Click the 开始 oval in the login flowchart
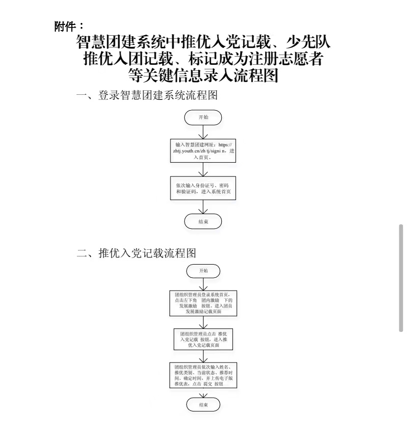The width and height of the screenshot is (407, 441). (203, 117)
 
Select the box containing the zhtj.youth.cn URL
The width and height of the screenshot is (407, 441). (203, 151)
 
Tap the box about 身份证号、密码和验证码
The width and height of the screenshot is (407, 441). (203, 188)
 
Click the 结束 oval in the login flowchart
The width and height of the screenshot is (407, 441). (203, 221)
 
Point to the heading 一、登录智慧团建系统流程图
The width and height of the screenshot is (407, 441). (147, 96)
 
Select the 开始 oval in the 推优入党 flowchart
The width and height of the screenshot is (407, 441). (203, 271)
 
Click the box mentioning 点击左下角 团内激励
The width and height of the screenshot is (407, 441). (203, 303)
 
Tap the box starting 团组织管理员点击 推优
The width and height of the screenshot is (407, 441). (203, 339)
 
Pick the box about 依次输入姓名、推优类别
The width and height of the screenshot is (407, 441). (203, 376)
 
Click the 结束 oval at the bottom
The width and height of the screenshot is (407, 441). (203, 405)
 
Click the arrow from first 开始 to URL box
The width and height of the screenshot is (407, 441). (203, 131)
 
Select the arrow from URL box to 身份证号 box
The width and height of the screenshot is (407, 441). (203, 169)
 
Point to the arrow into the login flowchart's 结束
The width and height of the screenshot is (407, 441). (203, 206)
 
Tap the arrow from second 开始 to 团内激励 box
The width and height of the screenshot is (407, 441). (203, 284)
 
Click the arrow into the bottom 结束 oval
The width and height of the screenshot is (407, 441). (203, 394)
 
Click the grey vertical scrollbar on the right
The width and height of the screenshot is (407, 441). (401, 278)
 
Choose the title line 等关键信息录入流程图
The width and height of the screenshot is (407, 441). (203, 76)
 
